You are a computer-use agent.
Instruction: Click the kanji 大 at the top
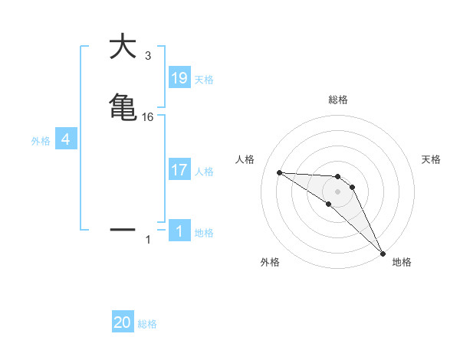(123, 47)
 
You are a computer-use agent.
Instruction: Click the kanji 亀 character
(123, 106)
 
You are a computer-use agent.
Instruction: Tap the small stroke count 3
(148, 56)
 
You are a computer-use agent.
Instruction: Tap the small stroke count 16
(148, 116)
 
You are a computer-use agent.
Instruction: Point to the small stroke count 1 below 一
(148, 240)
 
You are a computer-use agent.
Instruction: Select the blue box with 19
(179, 77)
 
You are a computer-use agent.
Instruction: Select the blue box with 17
(179, 170)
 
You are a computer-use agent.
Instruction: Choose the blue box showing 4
(66, 139)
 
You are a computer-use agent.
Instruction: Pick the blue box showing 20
(123, 322)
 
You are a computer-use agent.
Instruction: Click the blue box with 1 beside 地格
(179, 231)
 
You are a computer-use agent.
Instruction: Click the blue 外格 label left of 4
(41, 140)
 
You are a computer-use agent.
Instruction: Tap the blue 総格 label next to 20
(147, 324)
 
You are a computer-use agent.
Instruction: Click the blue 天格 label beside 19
(204, 79)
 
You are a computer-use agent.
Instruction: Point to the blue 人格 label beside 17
(204, 172)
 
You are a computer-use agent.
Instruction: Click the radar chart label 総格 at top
(337, 100)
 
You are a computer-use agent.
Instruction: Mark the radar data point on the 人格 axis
(279, 172)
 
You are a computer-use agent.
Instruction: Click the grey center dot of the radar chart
(337, 191)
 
